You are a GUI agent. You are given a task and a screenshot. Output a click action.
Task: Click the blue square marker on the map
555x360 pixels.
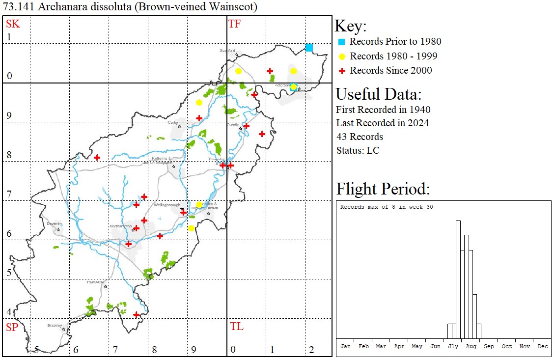(309, 47)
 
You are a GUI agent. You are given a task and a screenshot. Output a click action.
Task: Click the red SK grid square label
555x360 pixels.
(11, 24)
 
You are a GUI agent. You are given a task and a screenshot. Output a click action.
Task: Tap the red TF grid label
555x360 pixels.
(235, 24)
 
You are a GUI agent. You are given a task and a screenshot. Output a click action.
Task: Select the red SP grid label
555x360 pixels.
(11, 327)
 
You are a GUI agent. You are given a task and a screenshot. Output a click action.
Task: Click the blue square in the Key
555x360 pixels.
(341, 42)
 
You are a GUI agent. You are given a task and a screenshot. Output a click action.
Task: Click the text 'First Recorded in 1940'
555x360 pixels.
(383, 110)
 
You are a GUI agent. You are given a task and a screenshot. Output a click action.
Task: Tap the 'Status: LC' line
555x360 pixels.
(358, 150)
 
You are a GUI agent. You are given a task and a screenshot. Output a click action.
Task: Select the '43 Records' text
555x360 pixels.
(360, 137)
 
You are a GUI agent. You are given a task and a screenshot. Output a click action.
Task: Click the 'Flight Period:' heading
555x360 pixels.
(383, 189)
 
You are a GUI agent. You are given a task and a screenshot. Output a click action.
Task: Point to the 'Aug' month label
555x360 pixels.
(471, 346)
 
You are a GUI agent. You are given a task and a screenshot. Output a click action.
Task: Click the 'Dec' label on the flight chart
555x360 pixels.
(543, 346)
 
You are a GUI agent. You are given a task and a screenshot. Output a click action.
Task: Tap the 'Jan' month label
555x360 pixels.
(345, 346)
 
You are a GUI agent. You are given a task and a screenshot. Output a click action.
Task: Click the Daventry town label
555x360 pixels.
(54, 223)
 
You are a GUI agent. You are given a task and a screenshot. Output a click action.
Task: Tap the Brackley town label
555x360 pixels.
(55, 325)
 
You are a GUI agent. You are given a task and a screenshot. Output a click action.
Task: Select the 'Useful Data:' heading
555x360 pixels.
(379, 94)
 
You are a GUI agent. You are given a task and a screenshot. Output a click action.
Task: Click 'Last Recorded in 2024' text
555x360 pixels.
(382, 123)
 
